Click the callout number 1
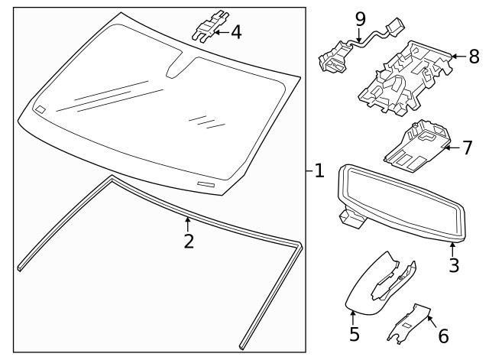(x=319, y=171)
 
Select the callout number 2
(x=189, y=242)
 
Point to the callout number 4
(x=236, y=33)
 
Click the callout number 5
(x=354, y=334)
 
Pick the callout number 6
(x=443, y=336)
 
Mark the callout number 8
(x=474, y=56)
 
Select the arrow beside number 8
(x=457, y=56)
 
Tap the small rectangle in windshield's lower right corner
(x=206, y=184)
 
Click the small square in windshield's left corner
(x=39, y=109)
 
